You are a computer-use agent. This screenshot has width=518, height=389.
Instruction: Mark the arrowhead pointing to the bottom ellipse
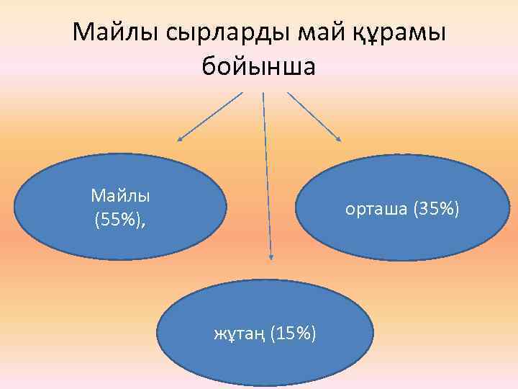click(271, 254)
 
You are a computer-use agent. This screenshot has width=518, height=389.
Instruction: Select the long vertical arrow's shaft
click(267, 173)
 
